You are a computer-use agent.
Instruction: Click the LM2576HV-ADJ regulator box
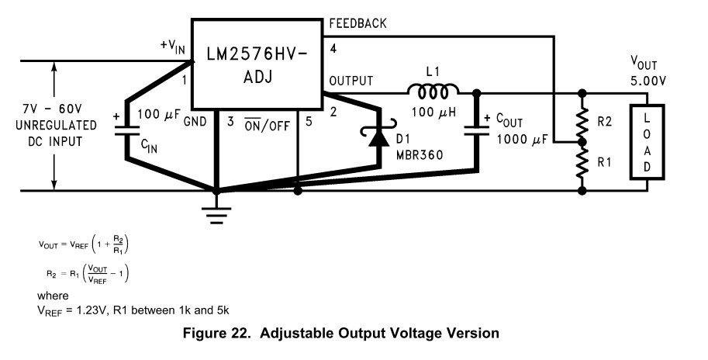point(257,64)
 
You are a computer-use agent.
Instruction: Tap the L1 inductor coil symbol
point(433,92)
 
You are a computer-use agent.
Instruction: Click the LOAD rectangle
point(647,142)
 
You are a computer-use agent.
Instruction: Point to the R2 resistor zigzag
point(582,121)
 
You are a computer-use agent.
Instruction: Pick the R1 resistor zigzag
point(582,163)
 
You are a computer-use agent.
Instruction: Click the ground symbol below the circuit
point(216,216)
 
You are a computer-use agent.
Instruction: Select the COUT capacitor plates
point(477,131)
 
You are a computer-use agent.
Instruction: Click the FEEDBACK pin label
point(357,23)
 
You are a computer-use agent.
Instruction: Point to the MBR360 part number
point(420,155)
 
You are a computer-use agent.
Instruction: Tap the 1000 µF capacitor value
point(523,139)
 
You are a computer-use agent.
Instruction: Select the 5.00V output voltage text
point(648,81)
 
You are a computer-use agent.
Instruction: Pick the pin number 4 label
point(333,48)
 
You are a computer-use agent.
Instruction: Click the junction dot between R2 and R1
point(582,142)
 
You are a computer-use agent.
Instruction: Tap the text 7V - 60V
point(53,109)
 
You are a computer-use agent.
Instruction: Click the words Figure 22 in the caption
point(216,334)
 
